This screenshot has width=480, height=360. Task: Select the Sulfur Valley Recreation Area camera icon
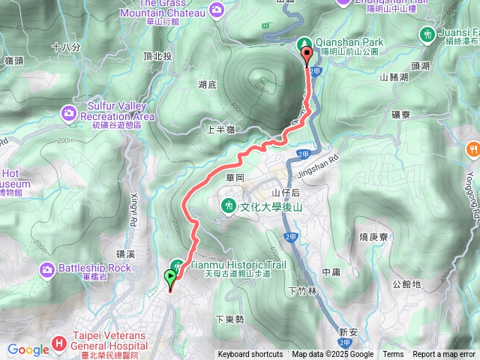pos(69,112)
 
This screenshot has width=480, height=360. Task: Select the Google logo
pos(28,349)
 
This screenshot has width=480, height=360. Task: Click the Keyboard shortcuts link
pos(250,355)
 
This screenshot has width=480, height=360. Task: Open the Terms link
pos(393,355)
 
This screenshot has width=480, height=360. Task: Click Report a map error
pos(445,355)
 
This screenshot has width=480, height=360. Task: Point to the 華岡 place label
pos(235,179)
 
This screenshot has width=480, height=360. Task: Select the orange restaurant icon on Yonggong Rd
pos(472,148)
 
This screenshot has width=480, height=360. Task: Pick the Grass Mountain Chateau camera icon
pos(217,9)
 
